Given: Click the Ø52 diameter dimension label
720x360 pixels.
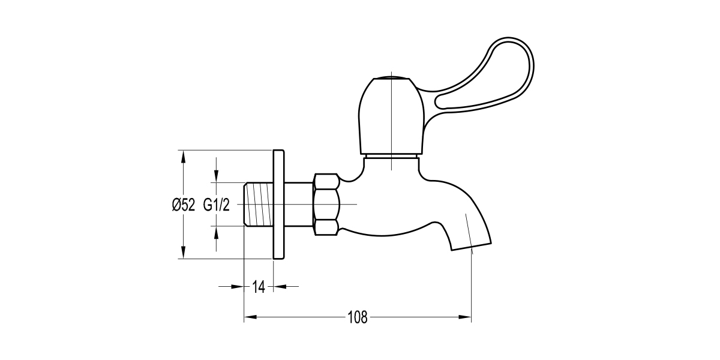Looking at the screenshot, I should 184,205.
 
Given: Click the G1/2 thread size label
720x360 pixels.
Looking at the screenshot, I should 217,205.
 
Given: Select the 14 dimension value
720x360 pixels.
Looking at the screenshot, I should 259,287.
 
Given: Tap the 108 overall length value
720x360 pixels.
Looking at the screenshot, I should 358,316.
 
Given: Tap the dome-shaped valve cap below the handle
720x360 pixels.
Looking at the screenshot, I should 391,117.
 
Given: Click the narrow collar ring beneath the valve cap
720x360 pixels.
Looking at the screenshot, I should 391,157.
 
